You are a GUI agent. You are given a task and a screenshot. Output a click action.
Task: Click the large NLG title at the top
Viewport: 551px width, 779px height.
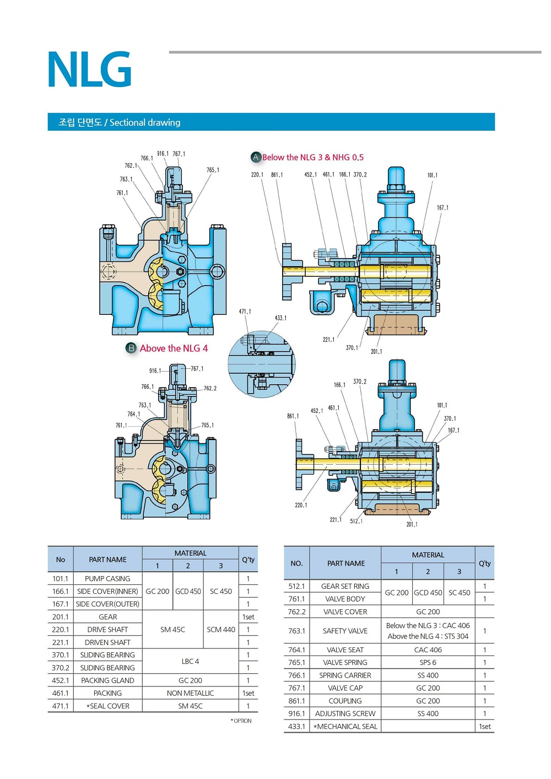pos(90,69)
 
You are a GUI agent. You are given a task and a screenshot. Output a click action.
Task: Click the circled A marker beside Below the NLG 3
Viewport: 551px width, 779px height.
pos(256,157)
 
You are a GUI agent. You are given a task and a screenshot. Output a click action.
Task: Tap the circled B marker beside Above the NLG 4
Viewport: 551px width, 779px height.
pos(131,348)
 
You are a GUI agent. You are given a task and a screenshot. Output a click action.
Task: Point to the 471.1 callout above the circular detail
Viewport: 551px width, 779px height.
pos(245,311)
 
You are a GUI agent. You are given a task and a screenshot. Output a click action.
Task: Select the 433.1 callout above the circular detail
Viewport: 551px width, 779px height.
pos(280,318)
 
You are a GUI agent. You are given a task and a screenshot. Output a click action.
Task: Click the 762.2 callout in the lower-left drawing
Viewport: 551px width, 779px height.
pos(210,388)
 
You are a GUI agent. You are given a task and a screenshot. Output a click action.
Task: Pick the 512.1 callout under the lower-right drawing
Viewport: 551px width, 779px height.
pos(356,521)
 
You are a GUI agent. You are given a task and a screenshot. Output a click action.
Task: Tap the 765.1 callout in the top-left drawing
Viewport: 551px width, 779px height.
pos(213,170)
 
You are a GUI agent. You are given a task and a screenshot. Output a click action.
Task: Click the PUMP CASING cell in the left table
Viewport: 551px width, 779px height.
pos(107,579)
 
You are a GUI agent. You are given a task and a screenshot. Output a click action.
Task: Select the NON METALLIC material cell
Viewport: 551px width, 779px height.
pos(190,693)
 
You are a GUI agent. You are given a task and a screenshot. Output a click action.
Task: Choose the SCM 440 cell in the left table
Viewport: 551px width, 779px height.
pos(221,630)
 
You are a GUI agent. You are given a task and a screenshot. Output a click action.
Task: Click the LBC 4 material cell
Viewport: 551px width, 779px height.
pos(190,661)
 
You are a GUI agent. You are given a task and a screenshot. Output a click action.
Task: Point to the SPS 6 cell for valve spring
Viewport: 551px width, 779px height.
pos(428,663)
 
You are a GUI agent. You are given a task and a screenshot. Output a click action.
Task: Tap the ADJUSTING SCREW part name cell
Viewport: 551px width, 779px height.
pos(345,713)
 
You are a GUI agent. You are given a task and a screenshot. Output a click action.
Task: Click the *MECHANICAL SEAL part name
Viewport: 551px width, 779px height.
pos(345,727)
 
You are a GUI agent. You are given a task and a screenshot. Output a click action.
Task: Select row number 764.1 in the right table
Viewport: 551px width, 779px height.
pos(296,649)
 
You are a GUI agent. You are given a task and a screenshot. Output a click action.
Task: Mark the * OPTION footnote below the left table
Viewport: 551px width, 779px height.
pos(241,721)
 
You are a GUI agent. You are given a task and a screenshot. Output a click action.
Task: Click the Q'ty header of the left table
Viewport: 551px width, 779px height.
pos(248,560)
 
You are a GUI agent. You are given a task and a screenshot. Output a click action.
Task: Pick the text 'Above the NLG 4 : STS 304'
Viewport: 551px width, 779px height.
pos(428,636)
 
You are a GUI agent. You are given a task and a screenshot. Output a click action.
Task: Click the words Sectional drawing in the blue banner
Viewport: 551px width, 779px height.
pos(145,122)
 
